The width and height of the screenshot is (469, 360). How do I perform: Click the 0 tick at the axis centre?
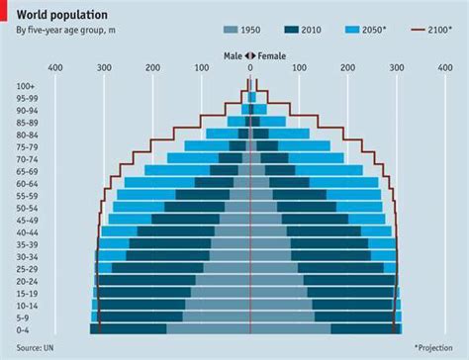[250, 68]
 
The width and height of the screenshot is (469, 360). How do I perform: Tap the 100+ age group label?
[28, 86]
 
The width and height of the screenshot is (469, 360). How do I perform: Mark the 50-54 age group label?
[28, 208]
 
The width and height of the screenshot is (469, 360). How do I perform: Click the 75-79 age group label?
[28, 146]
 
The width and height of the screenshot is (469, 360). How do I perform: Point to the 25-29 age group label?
[28, 268]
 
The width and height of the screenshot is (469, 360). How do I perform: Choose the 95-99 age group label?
[28, 98]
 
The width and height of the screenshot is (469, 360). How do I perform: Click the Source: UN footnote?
[36, 349]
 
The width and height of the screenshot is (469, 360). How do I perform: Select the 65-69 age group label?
[28, 171]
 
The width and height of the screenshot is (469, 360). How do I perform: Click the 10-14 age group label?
[28, 305]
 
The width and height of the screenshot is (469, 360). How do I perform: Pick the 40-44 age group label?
[28, 231]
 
